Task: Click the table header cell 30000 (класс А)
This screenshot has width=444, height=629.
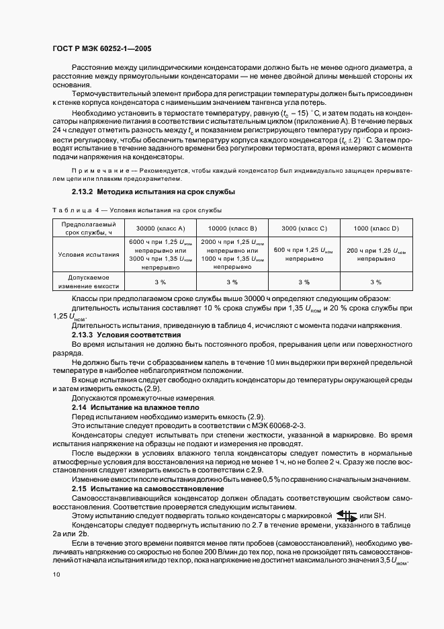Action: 161,228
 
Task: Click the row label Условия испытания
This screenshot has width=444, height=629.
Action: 89,255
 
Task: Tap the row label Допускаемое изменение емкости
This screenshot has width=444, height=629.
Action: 89,282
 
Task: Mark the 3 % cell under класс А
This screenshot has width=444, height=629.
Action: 161,282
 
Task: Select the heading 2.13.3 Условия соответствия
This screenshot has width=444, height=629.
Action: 119,334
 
